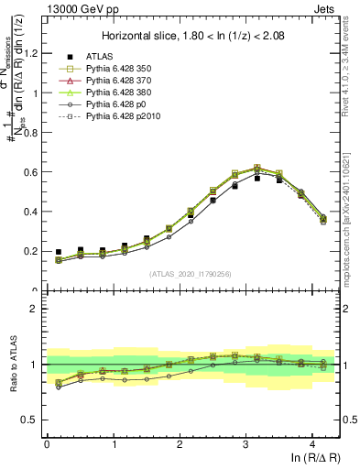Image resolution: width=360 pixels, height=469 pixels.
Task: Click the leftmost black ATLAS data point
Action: tap(59, 252)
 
